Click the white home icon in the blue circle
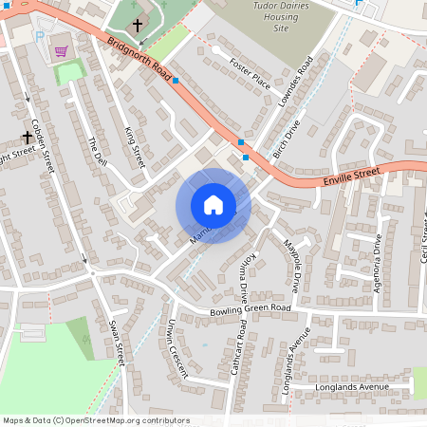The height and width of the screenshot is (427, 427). (213, 205)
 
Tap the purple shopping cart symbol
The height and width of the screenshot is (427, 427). (62, 51)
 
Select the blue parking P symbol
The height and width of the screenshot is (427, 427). (39, 36)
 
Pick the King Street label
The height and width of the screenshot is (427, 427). (134, 148)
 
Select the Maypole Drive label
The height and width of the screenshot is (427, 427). (292, 264)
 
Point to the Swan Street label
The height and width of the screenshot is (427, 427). (117, 340)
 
